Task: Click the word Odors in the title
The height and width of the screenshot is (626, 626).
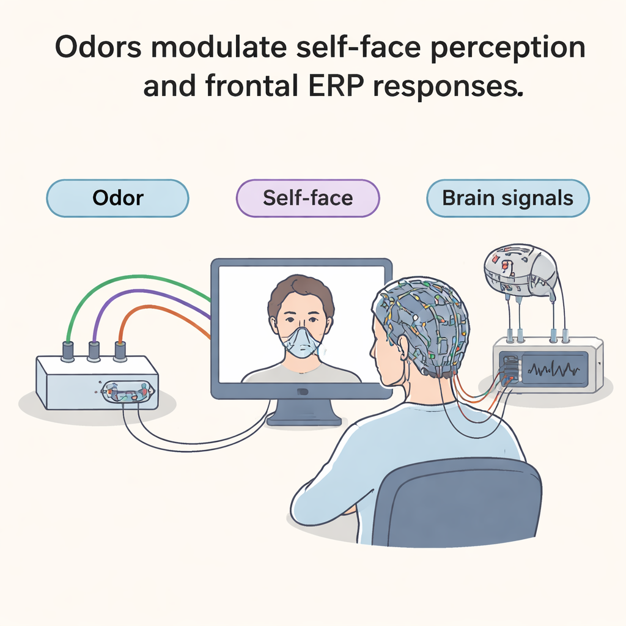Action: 98,47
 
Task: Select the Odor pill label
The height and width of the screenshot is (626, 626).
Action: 117,198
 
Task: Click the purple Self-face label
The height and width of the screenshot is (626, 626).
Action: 308,198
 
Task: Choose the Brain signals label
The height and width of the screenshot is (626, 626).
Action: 508,198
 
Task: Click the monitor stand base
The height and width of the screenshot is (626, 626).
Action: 304,419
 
